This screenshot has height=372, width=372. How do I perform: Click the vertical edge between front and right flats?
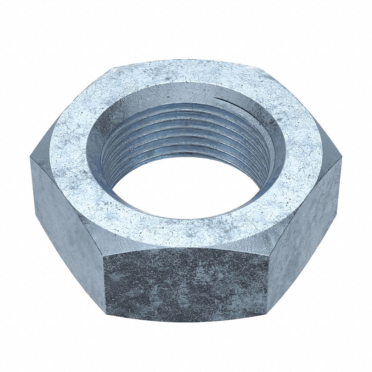268,280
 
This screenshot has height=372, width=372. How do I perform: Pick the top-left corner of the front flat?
105,252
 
